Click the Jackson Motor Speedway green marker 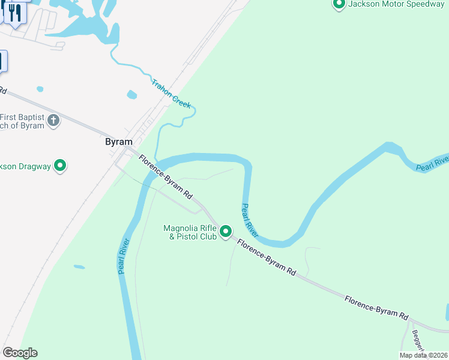pos(339,5)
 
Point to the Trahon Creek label pos(171,94)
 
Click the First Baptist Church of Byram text pos(22,121)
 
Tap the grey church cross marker pos(53,121)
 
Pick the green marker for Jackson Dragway pos(60,166)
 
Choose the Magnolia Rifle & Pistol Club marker pos(226,231)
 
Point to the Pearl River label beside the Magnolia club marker pos(250,220)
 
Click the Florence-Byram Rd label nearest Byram pos(165,178)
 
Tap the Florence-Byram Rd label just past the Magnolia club pos(267,258)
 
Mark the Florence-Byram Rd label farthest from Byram pos(376,307)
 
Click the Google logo pos(20,353)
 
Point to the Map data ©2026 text pos(423,355)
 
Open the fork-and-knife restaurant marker pos(15,12)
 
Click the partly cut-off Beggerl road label pos(418,342)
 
